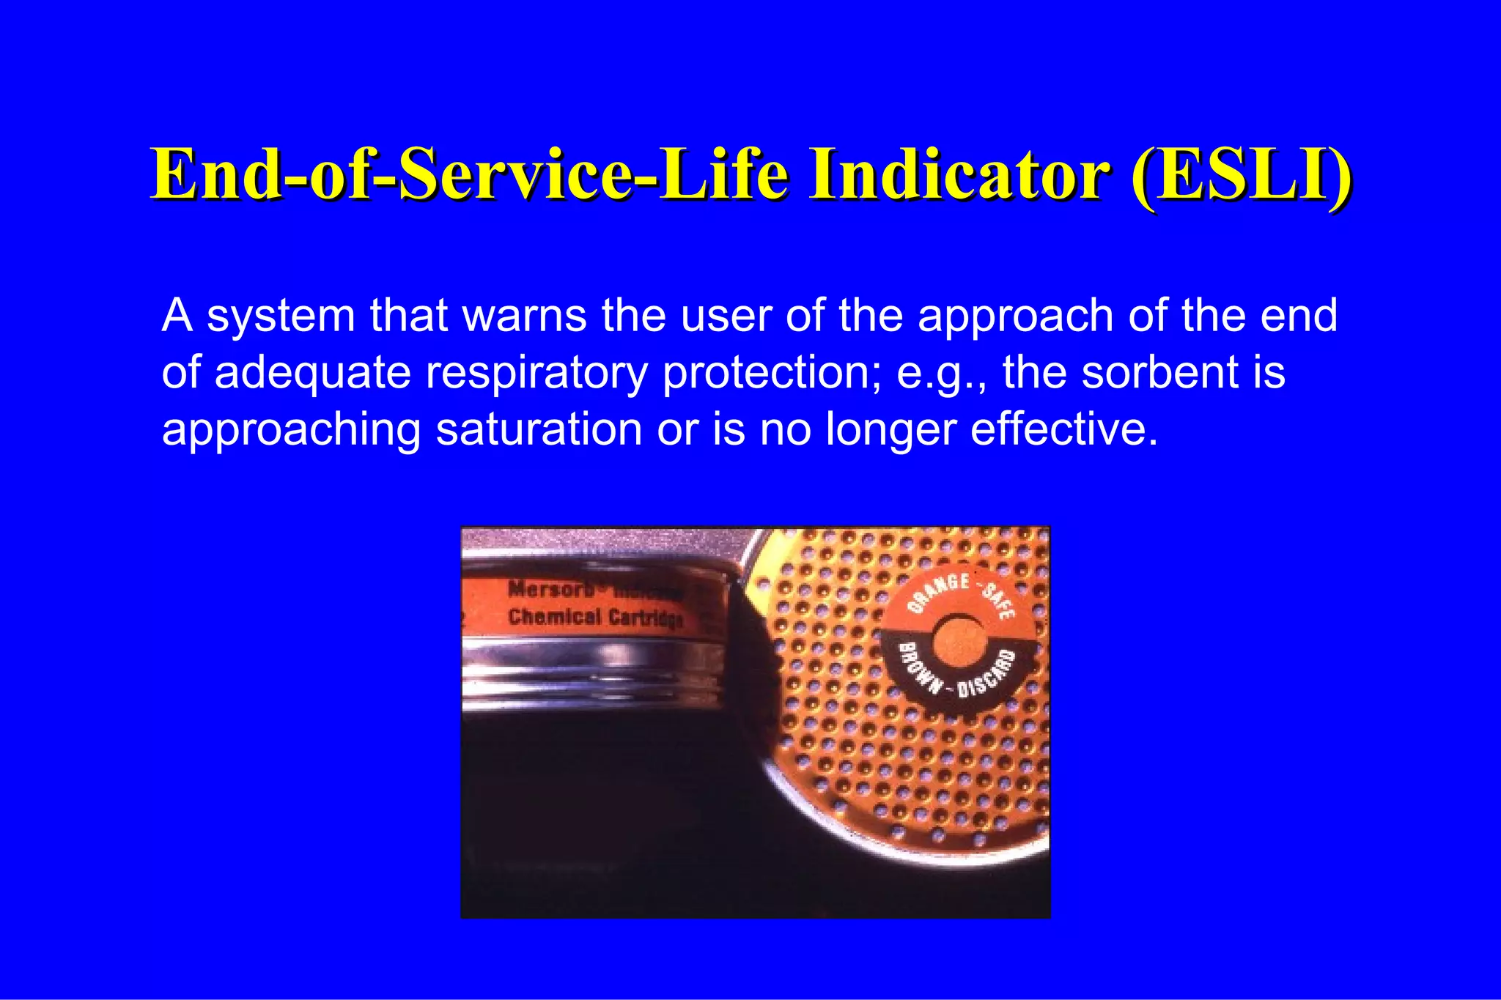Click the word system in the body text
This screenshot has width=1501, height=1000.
pos(281,316)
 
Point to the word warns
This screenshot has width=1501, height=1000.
pos(524,316)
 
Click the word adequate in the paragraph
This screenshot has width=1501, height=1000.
pos(313,373)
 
